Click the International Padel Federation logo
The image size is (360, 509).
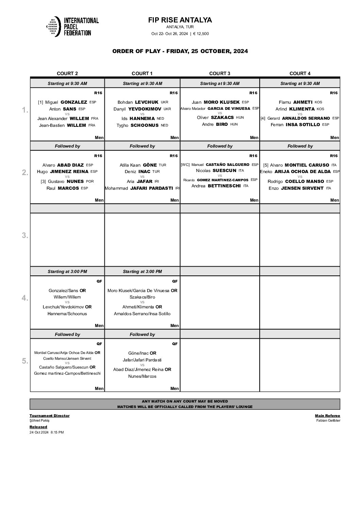point(72,26)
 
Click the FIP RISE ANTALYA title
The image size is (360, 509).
point(180,20)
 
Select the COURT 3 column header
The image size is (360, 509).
point(219,73)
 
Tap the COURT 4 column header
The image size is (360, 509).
point(300,73)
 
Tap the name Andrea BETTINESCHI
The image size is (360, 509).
point(219,186)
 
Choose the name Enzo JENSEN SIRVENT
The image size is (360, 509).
point(299,188)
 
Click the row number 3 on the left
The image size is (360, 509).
point(25,235)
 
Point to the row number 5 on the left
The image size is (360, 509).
point(25,361)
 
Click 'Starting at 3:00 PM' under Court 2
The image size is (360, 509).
point(67,272)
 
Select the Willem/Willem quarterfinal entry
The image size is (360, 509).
point(67,297)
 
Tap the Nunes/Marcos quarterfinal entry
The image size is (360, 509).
point(142,376)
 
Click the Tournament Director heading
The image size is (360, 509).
point(49,415)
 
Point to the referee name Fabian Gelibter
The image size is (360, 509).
point(328,421)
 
